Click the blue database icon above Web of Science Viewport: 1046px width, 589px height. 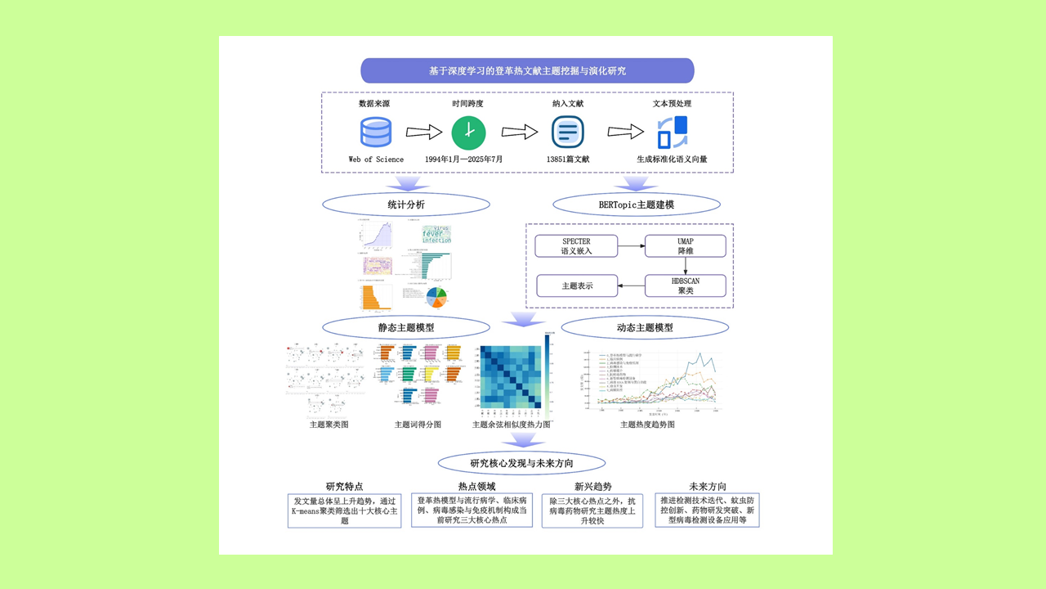pyautogui.click(x=376, y=133)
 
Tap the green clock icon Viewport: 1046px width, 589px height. pyautogui.click(x=468, y=133)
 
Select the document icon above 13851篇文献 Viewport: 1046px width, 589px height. pyautogui.click(x=567, y=133)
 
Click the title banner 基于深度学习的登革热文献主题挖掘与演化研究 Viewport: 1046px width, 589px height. pyautogui.click(x=527, y=70)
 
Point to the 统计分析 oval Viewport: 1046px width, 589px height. pyautogui.click(x=406, y=204)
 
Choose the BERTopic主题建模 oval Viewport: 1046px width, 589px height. pyautogui.click(x=637, y=204)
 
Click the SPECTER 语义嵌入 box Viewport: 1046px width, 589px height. pyautogui.click(x=576, y=246)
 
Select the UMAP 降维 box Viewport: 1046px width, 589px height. pyautogui.click(x=685, y=246)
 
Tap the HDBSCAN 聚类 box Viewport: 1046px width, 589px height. pyautogui.click(x=685, y=286)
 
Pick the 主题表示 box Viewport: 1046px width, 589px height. pyautogui.click(x=576, y=286)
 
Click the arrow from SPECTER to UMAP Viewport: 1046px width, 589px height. pyautogui.click(x=630, y=246)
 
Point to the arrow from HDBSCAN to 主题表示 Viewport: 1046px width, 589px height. pyautogui.click(x=630, y=286)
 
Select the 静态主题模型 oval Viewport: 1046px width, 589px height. pyautogui.click(x=406, y=328)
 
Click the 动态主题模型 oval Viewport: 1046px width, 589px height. pyautogui.click(x=645, y=328)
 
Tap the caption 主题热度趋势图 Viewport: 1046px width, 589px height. pyautogui.click(x=647, y=425)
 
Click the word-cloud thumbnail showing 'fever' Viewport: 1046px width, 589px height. pyautogui.click(x=436, y=236)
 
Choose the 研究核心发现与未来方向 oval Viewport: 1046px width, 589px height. pyautogui.click(x=521, y=463)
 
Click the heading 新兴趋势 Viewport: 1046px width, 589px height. pyautogui.click(x=592, y=486)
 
